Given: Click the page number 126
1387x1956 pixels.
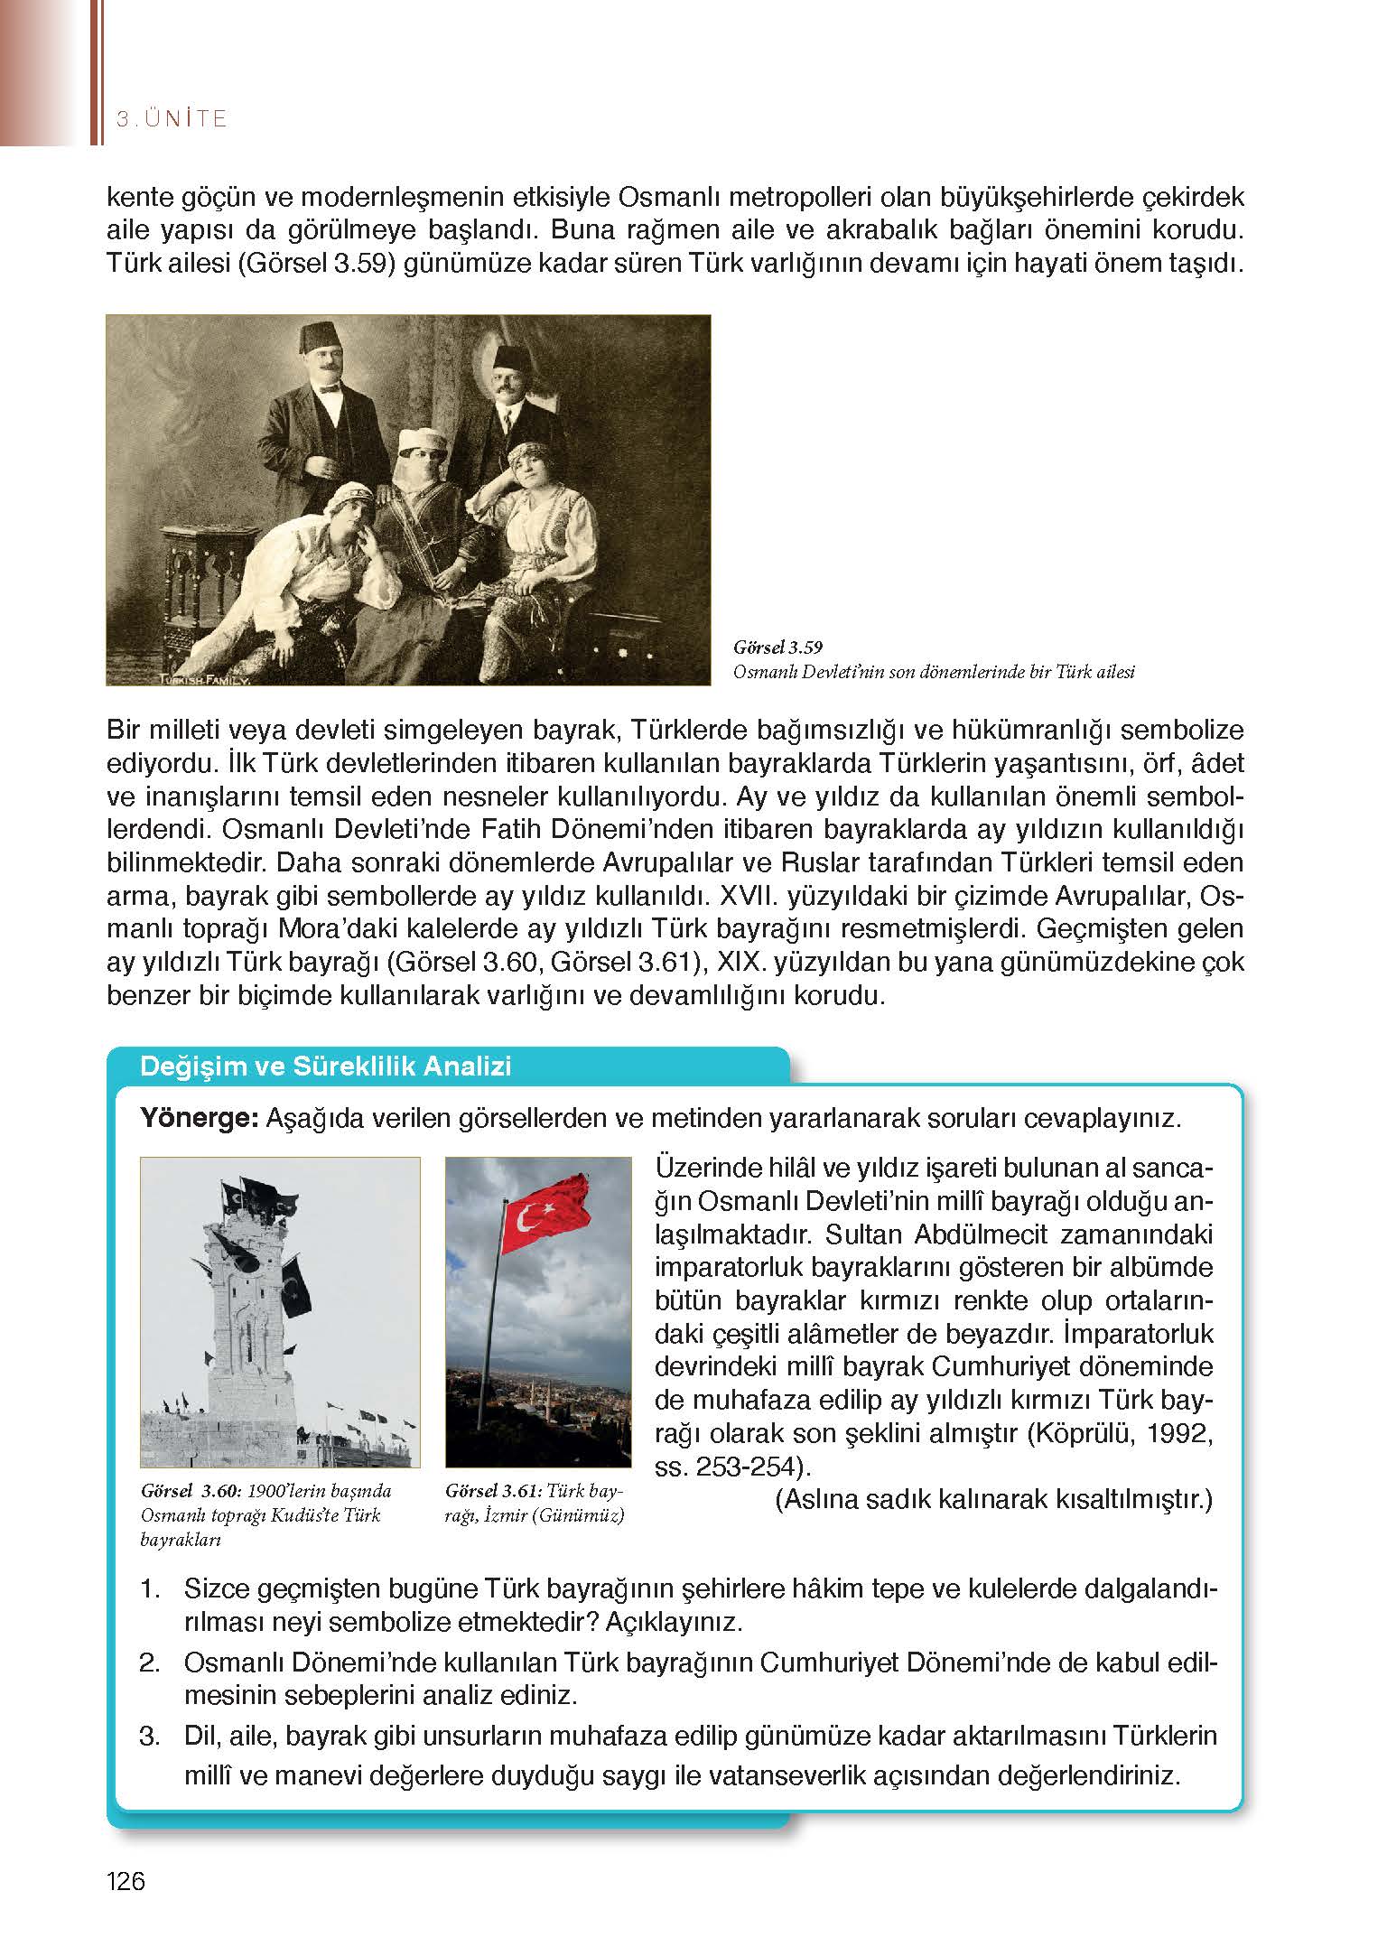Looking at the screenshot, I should pyautogui.click(x=126, y=1881).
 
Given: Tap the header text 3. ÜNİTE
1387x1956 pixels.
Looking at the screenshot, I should pyautogui.click(x=172, y=118).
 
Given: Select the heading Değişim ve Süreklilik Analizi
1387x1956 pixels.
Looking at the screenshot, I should pyautogui.click(x=326, y=1066).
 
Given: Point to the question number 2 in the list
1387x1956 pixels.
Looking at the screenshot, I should pyautogui.click(x=150, y=1663).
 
